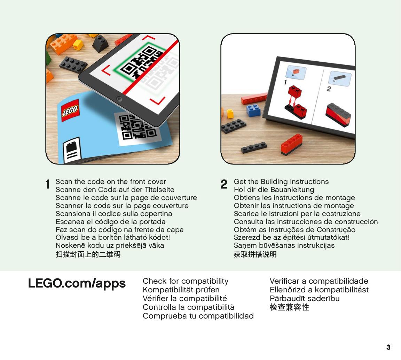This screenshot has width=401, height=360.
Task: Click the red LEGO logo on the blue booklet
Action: [x=70, y=110]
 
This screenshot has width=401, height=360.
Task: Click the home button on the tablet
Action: [x=119, y=99]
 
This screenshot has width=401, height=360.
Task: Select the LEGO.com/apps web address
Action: [x=77, y=284]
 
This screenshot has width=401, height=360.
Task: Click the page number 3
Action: [x=388, y=347]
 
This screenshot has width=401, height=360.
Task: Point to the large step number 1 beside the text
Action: [x=48, y=184]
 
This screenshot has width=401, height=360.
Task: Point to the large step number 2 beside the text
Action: [x=224, y=184]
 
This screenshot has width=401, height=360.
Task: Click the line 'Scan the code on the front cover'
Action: [x=111, y=182]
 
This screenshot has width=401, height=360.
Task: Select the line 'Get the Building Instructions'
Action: [x=281, y=182]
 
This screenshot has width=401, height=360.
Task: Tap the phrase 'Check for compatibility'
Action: [x=186, y=281]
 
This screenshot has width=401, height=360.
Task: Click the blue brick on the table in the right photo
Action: [x=253, y=110]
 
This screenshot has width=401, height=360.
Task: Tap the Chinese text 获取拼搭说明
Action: [x=255, y=254]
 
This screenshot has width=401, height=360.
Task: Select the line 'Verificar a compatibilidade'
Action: [x=319, y=281]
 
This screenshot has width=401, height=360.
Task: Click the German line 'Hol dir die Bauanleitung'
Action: [x=274, y=190]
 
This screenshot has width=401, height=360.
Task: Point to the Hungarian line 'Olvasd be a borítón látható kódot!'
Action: [x=113, y=237]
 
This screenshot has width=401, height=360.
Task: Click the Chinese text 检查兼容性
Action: [x=289, y=307]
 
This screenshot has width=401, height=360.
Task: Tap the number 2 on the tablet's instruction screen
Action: [x=329, y=89]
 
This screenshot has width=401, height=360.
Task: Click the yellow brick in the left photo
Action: [x=78, y=45]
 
